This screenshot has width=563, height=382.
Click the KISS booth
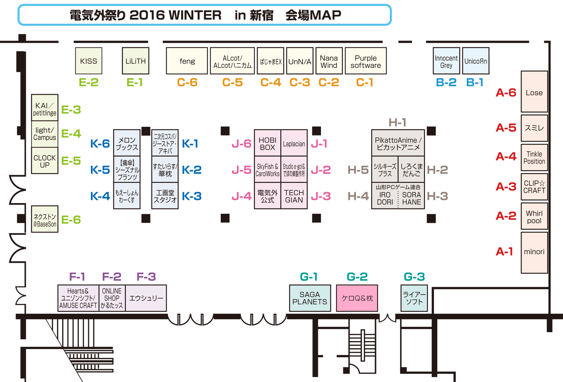pyautogui.click(x=89, y=61)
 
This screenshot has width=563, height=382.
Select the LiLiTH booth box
pyautogui.click(x=135, y=61)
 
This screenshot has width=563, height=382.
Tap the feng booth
pyautogui.click(x=187, y=61)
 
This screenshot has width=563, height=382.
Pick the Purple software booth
pyautogui.click(x=366, y=61)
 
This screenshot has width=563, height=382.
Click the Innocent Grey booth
pyautogui.click(x=446, y=61)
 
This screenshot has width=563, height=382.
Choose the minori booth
pyautogui.click(x=534, y=252)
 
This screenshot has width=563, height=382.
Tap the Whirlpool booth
pyautogui.click(x=534, y=217)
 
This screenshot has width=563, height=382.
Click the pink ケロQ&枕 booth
pyautogui.click(x=357, y=298)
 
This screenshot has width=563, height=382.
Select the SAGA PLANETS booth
pyautogui.click(x=310, y=298)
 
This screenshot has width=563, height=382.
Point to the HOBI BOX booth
pyautogui.click(x=267, y=143)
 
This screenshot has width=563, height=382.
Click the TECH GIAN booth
pyautogui.click(x=294, y=196)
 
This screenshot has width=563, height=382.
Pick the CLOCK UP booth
pyautogui.click(x=45, y=161)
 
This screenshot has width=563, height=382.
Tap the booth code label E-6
pyautogui.click(x=71, y=220)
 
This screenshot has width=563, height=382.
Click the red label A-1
pyautogui.click(x=504, y=251)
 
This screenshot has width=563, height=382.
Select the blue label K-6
pyautogui.click(x=100, y=143)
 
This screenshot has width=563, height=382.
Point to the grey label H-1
pyautogui.click(x=397, y=122)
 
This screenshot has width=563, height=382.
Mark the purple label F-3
pyautogui.click(x=146, y=277)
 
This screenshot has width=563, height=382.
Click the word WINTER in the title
pyautogui.click(x=195, y=15)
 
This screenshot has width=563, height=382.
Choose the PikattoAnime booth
pyautogui.click(x=398, y=143)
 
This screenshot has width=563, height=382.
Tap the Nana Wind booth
pyautogui.click(x=329, y=61)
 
